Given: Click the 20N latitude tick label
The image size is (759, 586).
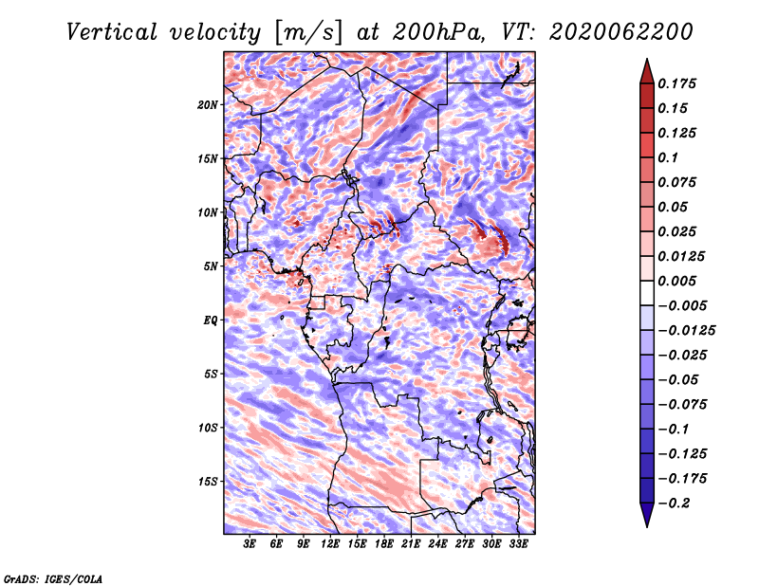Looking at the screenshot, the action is [x=208, y=105].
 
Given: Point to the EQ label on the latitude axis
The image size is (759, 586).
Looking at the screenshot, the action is [x=211, y=320].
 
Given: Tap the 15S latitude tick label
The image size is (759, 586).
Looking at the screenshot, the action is [x=208, y=482].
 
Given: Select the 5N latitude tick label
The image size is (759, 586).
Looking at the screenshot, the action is [x=211, y=266].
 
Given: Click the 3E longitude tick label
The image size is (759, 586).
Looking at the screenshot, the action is [x=250, y=544].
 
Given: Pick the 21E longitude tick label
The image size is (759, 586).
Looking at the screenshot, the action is [x=411, y=544].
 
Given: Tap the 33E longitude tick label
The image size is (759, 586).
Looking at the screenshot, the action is [x=518, y=544].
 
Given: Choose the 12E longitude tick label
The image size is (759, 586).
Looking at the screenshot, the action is [x=330, y=544].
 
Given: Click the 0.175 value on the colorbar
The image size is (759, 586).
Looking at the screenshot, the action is [x=676, y=83].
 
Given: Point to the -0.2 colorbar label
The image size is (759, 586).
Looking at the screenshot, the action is [x=674, y=504].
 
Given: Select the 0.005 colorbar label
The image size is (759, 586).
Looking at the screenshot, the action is [x=676, y=281].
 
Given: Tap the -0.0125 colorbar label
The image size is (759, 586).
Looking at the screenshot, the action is [x=686, y=331].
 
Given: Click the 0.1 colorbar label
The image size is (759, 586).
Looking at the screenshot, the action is [x=668, y=157].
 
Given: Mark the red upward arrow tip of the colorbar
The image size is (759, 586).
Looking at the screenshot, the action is [x=647, y=59].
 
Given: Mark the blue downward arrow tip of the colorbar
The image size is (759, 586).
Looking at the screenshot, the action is [x=647, y=526].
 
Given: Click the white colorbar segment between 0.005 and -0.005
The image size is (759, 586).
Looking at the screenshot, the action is [x=647, y=293].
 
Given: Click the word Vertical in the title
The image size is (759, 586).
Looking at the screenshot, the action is [x=112, y=32].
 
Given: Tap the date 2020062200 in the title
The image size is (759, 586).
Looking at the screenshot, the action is [x=621, y=32].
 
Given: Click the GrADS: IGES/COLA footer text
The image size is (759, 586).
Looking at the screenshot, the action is [x=53, y=578].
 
